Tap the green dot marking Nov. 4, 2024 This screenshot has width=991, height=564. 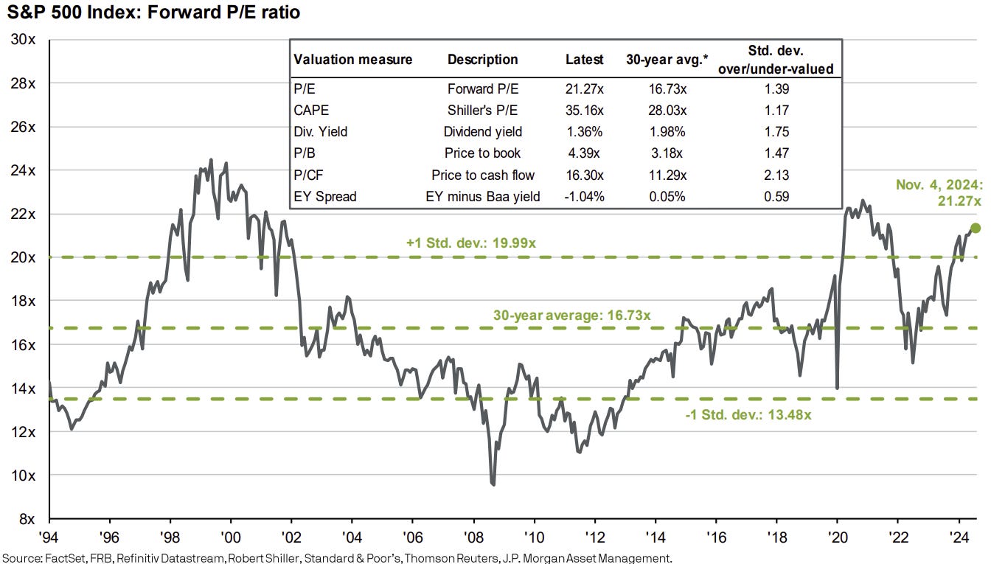tap(976, 229)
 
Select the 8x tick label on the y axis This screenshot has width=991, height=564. tap(24, 519)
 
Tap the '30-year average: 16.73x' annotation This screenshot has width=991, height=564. tap(571, 315)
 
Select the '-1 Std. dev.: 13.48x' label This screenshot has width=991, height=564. tap(748, 414)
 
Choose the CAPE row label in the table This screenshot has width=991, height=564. tap(310, 111)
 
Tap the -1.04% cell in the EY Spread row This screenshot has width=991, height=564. tap(584, 196)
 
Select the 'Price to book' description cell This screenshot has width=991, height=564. tap(483, 153)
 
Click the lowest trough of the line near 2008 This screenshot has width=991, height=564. tap(493, 484)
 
